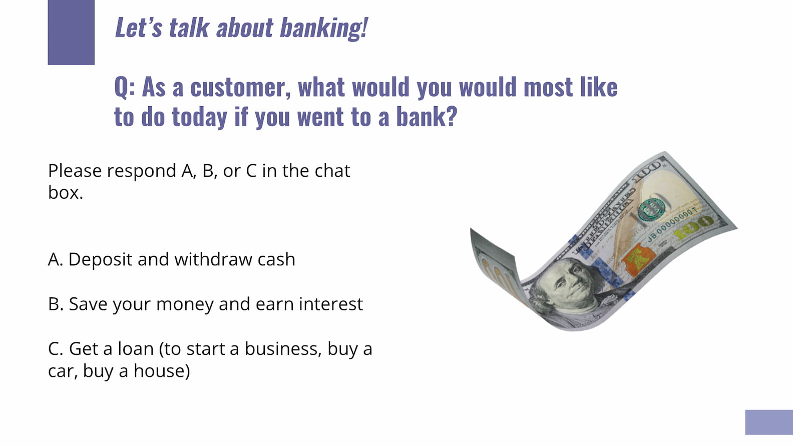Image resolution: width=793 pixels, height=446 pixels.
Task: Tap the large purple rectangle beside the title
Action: (x=71, y=32)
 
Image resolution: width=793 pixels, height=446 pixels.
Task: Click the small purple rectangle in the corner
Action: (x=769, y=422)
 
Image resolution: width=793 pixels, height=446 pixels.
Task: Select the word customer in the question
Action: (x=241, y=87)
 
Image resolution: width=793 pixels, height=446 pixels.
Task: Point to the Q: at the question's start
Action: (x=125, y=88)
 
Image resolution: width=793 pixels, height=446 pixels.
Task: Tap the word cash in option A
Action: (x=276, y=259)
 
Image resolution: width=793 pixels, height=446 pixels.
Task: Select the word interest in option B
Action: (x=330, y=304)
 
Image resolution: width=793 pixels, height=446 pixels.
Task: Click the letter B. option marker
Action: (x=56, y=304)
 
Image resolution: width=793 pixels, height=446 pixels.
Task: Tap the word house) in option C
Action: (x=162, y=371)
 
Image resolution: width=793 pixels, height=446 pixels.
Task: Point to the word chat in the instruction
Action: (x=332, y=171)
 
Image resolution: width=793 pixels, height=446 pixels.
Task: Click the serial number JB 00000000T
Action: (x=671, y=225)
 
